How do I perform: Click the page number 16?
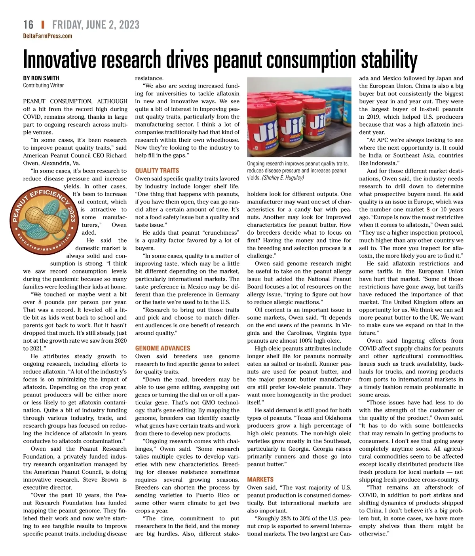tap(28, 25)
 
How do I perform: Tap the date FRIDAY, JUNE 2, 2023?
tap(96, 25)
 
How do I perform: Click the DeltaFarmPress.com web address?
tap(47, 36)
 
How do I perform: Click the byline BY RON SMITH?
tap(41, 78)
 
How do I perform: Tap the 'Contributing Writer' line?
tap(43, 85)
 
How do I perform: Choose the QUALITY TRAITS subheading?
tap(157, 171)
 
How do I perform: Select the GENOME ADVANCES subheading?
tap(162, 348)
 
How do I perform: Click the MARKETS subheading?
tap(260, 480)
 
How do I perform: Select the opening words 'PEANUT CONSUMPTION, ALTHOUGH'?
tap(75, 101)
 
